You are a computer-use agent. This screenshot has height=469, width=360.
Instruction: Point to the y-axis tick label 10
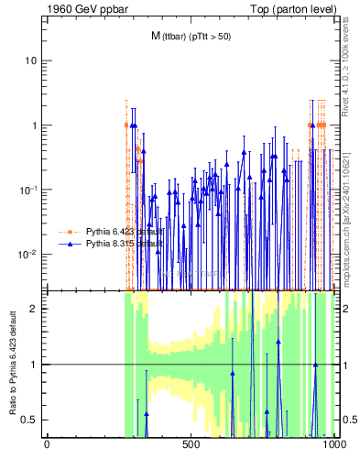(x=30, y=60)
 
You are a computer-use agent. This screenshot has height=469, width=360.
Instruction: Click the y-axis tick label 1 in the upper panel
(x=34, y=125)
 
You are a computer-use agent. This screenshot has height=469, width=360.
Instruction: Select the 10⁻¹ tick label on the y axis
(x=28, y=189)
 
